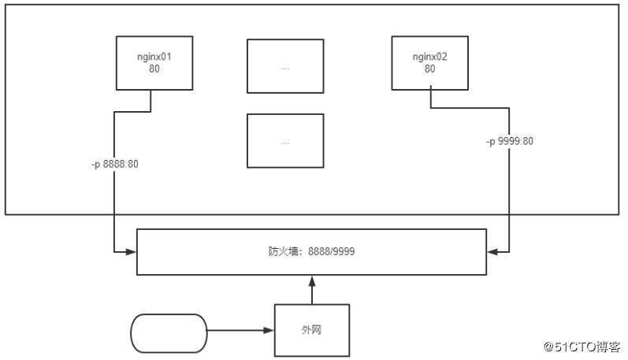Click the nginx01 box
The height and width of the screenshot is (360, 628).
click(x=154, y=62)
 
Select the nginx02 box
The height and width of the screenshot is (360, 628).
click(x=429, y=62)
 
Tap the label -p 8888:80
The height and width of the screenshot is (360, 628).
click(x=116, y=164)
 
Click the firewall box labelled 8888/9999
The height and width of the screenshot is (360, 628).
click(x=311, y=252)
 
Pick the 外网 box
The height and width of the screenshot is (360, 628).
click(x=311, y=330)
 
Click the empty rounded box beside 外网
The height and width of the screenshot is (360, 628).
click(x=168, y=333)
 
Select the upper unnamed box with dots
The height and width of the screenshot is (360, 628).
click(x=285, y=67)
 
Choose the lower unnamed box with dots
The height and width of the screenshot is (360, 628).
click(x=285, y=141)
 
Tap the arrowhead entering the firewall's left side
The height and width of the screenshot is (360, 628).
click(x=132, y=252)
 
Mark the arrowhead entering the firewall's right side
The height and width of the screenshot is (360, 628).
click(x=492, y=252)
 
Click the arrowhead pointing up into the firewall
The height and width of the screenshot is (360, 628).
click(x=312, y=280)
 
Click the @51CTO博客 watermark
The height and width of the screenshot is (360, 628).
click(x=582, y=347)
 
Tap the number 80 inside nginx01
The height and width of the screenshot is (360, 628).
click(x=154, y=69)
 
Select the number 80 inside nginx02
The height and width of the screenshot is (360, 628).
click(x=429, y=69)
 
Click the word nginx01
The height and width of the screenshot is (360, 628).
click(x=154, y=58)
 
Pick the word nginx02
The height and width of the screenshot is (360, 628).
click(x=429, y=58)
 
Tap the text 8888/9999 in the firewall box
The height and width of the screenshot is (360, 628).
click(x=333, y=253)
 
